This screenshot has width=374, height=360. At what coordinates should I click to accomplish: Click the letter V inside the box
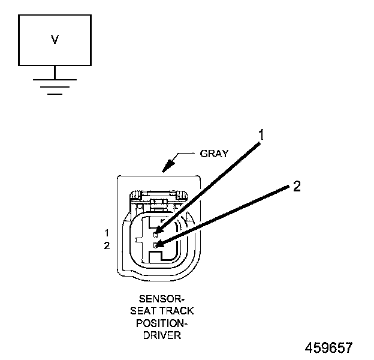click(55, 40)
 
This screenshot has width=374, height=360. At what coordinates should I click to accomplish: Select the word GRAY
click(214, 154)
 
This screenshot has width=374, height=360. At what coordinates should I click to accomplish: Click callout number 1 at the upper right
click(260, 134)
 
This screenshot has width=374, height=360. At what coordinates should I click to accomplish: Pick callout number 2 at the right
click(296, 187)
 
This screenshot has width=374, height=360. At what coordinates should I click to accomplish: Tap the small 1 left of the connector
click(107, 232)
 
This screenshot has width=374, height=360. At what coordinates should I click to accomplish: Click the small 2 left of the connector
click(107, 245)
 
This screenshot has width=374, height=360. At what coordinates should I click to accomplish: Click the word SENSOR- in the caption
click(159, 298)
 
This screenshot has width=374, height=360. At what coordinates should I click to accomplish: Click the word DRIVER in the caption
click(159, 336)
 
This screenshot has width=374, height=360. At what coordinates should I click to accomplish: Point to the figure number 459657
click(328, 348)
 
